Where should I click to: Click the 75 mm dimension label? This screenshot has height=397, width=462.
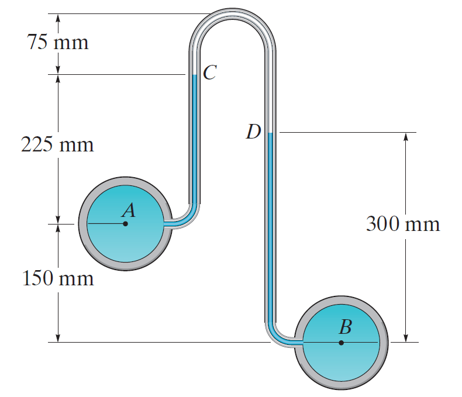coord(57,42)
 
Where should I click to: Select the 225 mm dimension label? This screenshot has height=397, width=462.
coord(57,144)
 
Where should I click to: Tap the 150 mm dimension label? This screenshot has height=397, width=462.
coord(57,278)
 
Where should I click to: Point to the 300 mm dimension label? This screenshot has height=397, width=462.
coord(402,223)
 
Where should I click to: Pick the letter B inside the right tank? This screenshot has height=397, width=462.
coord(345,327)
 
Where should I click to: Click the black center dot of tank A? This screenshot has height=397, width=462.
coord(125,223)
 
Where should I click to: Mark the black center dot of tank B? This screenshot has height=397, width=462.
coord(342,343)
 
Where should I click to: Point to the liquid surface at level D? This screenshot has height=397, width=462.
coord(270,133)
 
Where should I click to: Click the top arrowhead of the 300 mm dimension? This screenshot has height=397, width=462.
coord(406,136)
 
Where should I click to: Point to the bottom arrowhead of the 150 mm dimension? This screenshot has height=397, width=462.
coord(58,339)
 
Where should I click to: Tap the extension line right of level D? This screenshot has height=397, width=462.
coord(345,132)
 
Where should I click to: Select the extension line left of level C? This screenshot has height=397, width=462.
coord(117,74)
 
